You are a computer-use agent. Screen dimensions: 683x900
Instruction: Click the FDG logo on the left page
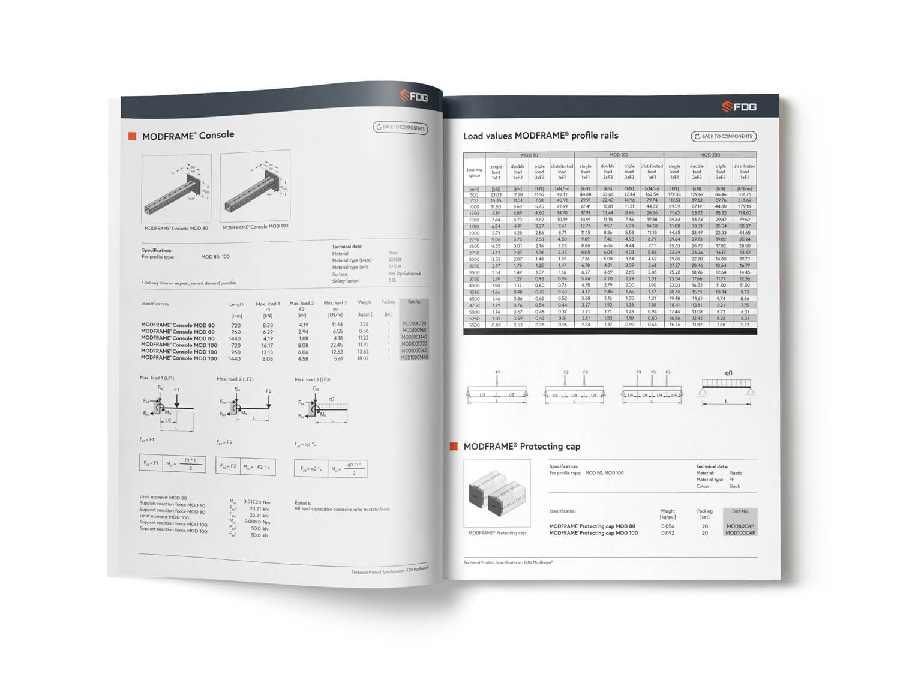click(x=414, y=96)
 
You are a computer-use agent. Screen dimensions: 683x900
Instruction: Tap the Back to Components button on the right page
click(x=723, y=136)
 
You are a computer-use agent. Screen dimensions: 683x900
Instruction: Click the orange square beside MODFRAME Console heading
click(x=132, y=136)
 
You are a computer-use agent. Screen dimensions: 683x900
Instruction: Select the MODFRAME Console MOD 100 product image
click(x=255, y=186)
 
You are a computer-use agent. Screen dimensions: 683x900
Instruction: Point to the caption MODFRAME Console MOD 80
click(x=176, y=229)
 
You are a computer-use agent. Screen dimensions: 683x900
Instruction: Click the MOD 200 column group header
click(x=710, y=155)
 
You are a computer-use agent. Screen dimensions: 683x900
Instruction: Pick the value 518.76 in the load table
click(x=745, y=194)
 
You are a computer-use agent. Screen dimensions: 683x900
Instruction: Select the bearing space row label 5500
click(x=474, y=325)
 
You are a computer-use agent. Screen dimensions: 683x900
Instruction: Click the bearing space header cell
click(x=474, y=172)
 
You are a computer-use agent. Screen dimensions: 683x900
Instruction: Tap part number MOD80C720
click(x=414, y=323)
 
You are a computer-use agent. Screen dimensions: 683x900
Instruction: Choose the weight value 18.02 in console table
click(x=363, y=358)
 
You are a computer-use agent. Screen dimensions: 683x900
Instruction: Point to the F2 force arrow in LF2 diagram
click(x=268, y=400)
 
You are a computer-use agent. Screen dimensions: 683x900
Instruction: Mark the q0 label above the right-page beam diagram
click(x=728, y=373)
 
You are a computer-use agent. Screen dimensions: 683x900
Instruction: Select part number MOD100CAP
click(x=740, y=532)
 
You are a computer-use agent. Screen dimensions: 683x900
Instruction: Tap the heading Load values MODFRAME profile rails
click(x=540, y=136)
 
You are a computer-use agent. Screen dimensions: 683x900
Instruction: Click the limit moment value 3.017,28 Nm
click(x=257, y=502)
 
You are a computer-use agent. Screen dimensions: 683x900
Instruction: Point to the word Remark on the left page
click(x=302, y=502)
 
